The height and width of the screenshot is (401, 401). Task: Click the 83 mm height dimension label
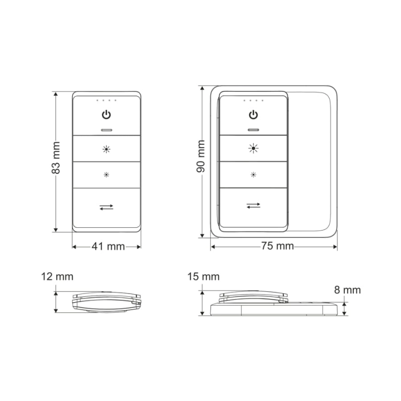click(x=56, y=158)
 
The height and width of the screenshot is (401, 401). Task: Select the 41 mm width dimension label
click(x=108, y=246)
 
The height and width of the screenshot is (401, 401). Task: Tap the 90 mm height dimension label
click(x=200, y=156)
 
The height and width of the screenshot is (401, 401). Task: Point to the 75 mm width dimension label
click(x=277, y=246)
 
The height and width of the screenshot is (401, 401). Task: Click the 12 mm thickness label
click(x=57, y=277)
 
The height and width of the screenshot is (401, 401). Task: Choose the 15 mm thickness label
click(x=204, y=277)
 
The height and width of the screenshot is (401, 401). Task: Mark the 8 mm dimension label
click(x=348, y=290)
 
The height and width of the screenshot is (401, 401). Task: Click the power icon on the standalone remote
click(x=106, y=115)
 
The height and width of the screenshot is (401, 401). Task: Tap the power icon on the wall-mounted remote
click(x=253, y=115)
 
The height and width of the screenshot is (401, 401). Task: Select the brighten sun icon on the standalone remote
click(x=106, y=149)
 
